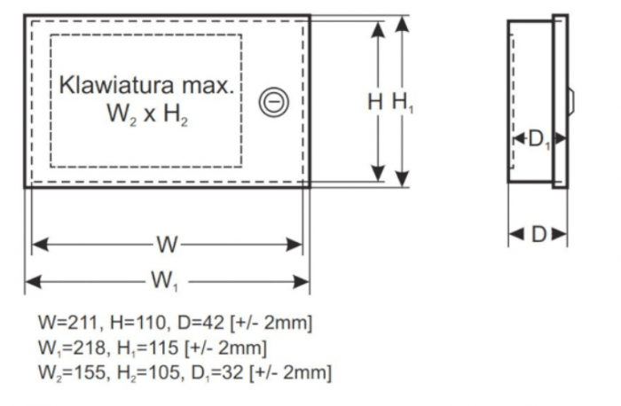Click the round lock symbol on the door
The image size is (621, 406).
coord(272,103)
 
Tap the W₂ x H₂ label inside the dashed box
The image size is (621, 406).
coord(146,114)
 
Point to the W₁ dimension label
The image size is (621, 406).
coord(165,281)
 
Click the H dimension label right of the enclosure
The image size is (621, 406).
coord(376,102)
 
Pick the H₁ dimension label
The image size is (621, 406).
coord(403,102)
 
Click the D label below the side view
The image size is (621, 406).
coord(538,234)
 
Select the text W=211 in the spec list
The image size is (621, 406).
coord(67,320)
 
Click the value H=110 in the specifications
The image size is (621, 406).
coord(128,320)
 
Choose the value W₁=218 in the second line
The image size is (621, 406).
coord(69,347)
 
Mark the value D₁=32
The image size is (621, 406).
coord(207,373)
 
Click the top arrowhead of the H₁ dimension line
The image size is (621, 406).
coord(403,23)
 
